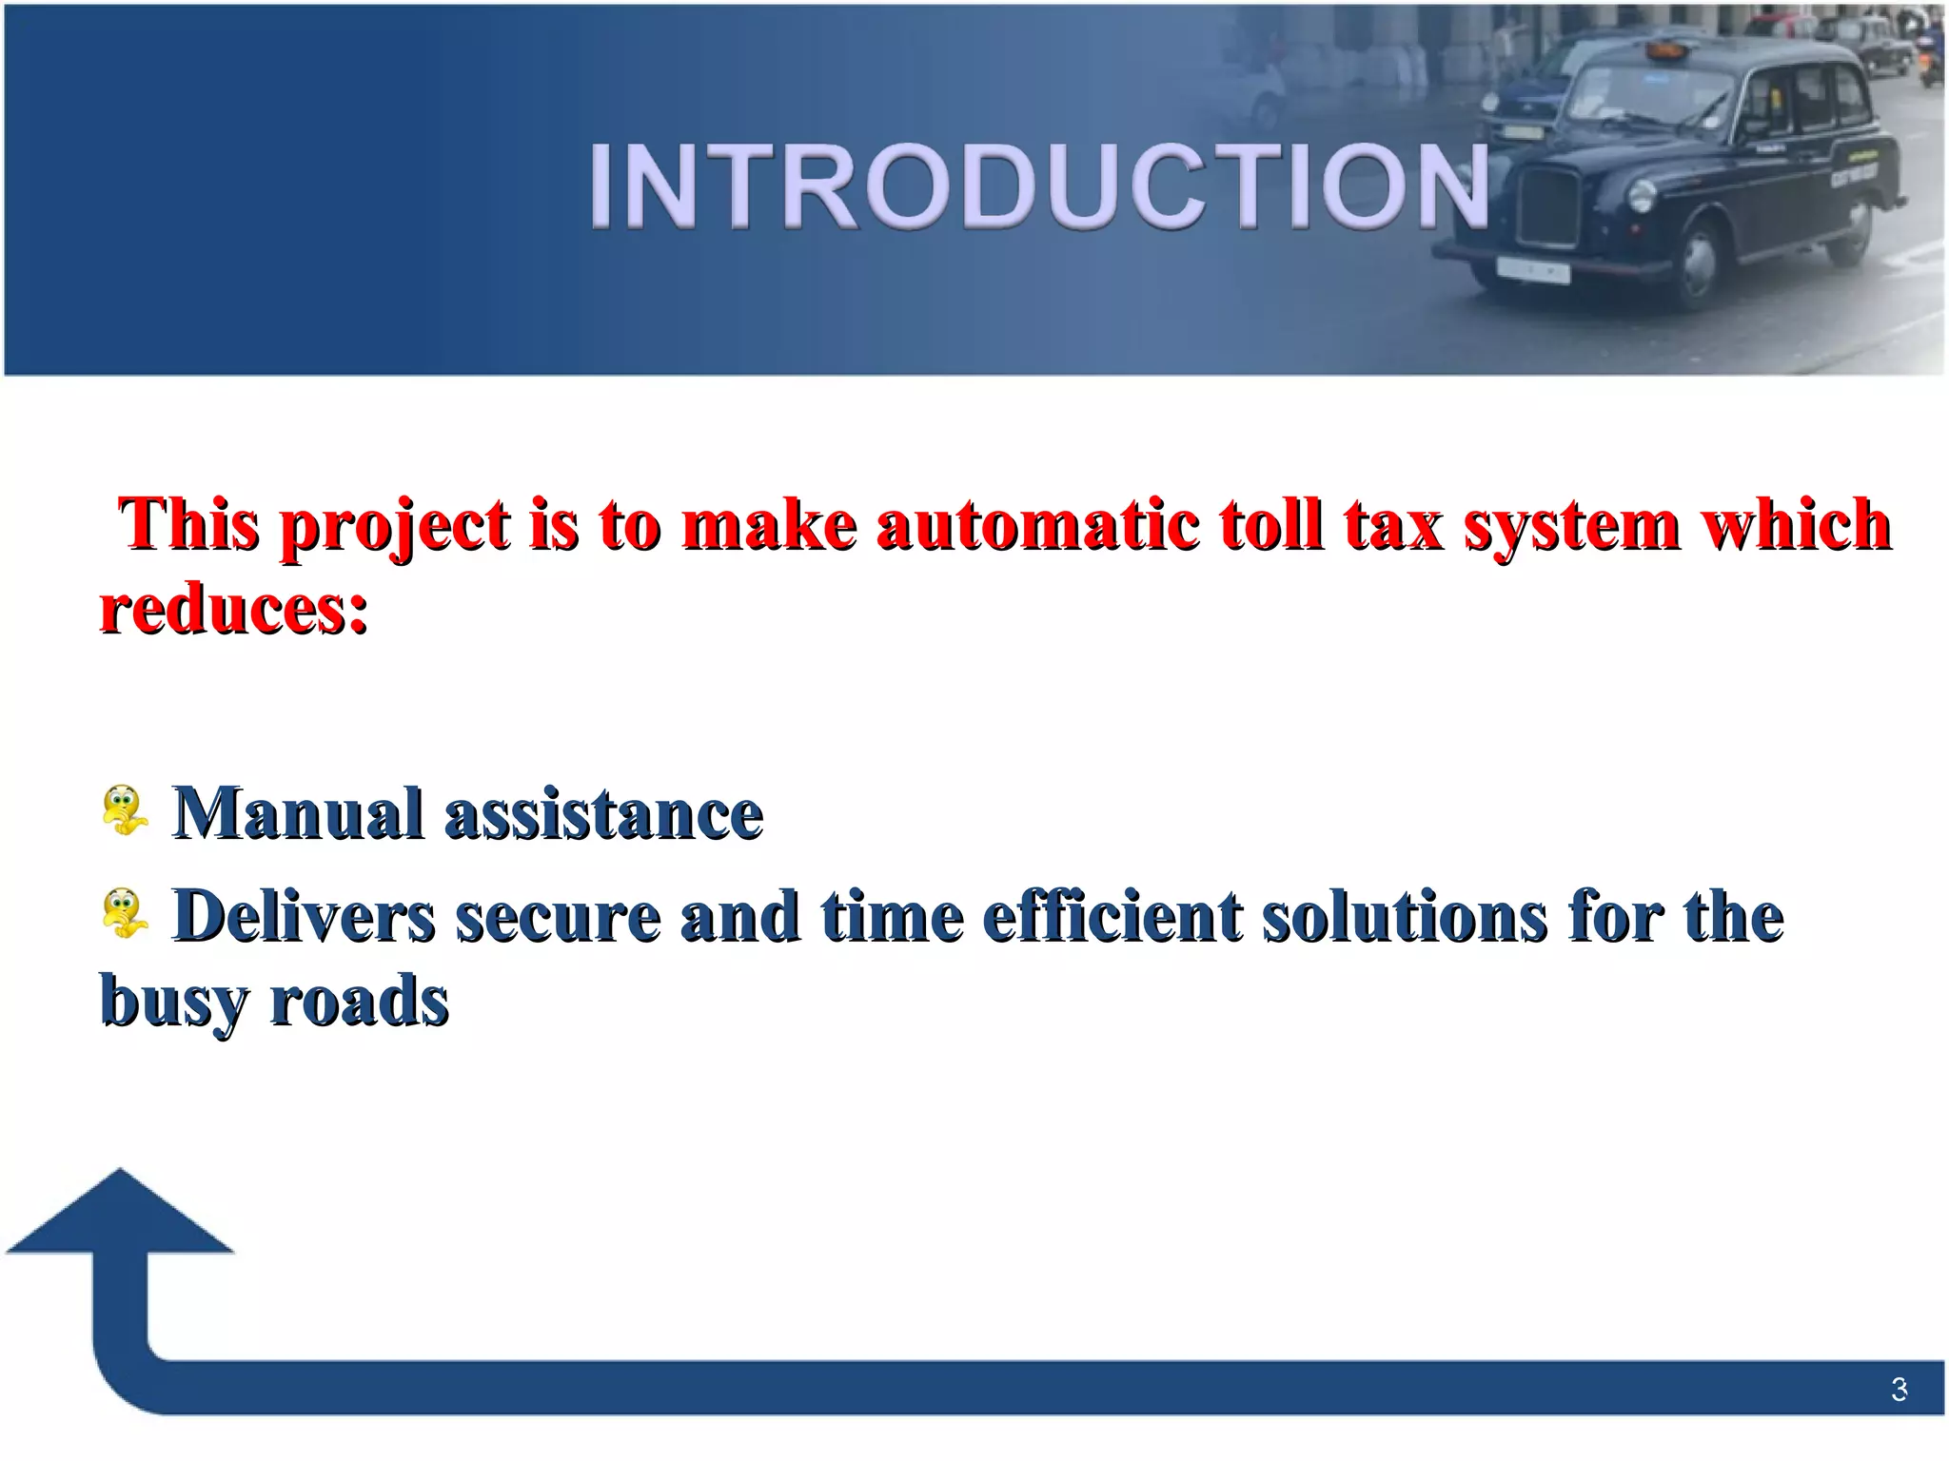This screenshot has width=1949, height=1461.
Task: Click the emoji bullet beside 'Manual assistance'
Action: click(x=125, y=810)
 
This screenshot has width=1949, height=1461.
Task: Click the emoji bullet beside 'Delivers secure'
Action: click(x=125, y=913)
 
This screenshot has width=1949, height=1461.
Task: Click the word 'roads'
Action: click(x=360, y=1001)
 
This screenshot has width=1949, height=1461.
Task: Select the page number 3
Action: click(x=1899, y=1390)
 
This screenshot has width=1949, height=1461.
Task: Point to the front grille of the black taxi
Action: click(x=1548, y=207)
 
